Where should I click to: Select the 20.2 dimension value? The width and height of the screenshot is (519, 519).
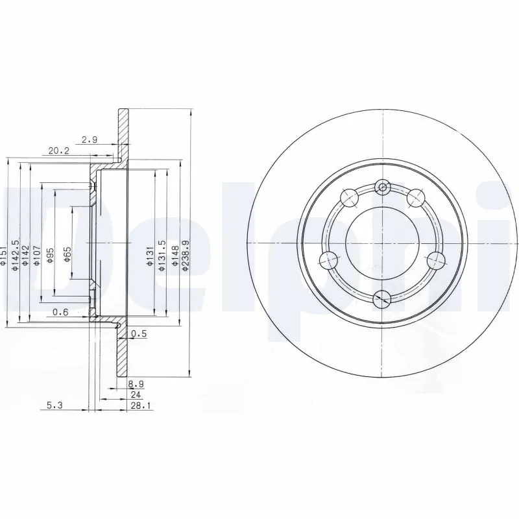coord(58,151)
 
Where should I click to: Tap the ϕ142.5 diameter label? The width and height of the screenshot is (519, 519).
coord(16,254)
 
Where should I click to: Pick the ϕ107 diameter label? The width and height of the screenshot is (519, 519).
coord(38,256)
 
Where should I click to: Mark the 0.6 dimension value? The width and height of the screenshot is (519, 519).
coord(60,313)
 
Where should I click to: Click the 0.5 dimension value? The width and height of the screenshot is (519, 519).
coord(138,334)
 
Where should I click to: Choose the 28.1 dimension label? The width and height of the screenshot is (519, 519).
coord(137,407)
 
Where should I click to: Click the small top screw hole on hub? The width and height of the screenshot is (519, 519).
coord(383,188)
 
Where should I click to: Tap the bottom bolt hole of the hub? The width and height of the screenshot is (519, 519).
coord(383,298)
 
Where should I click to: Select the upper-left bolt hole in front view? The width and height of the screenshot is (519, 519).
coord(349,195)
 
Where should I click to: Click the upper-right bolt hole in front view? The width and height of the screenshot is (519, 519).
coord(416,195)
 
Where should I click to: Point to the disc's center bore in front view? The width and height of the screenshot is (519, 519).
coord(383,243)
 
